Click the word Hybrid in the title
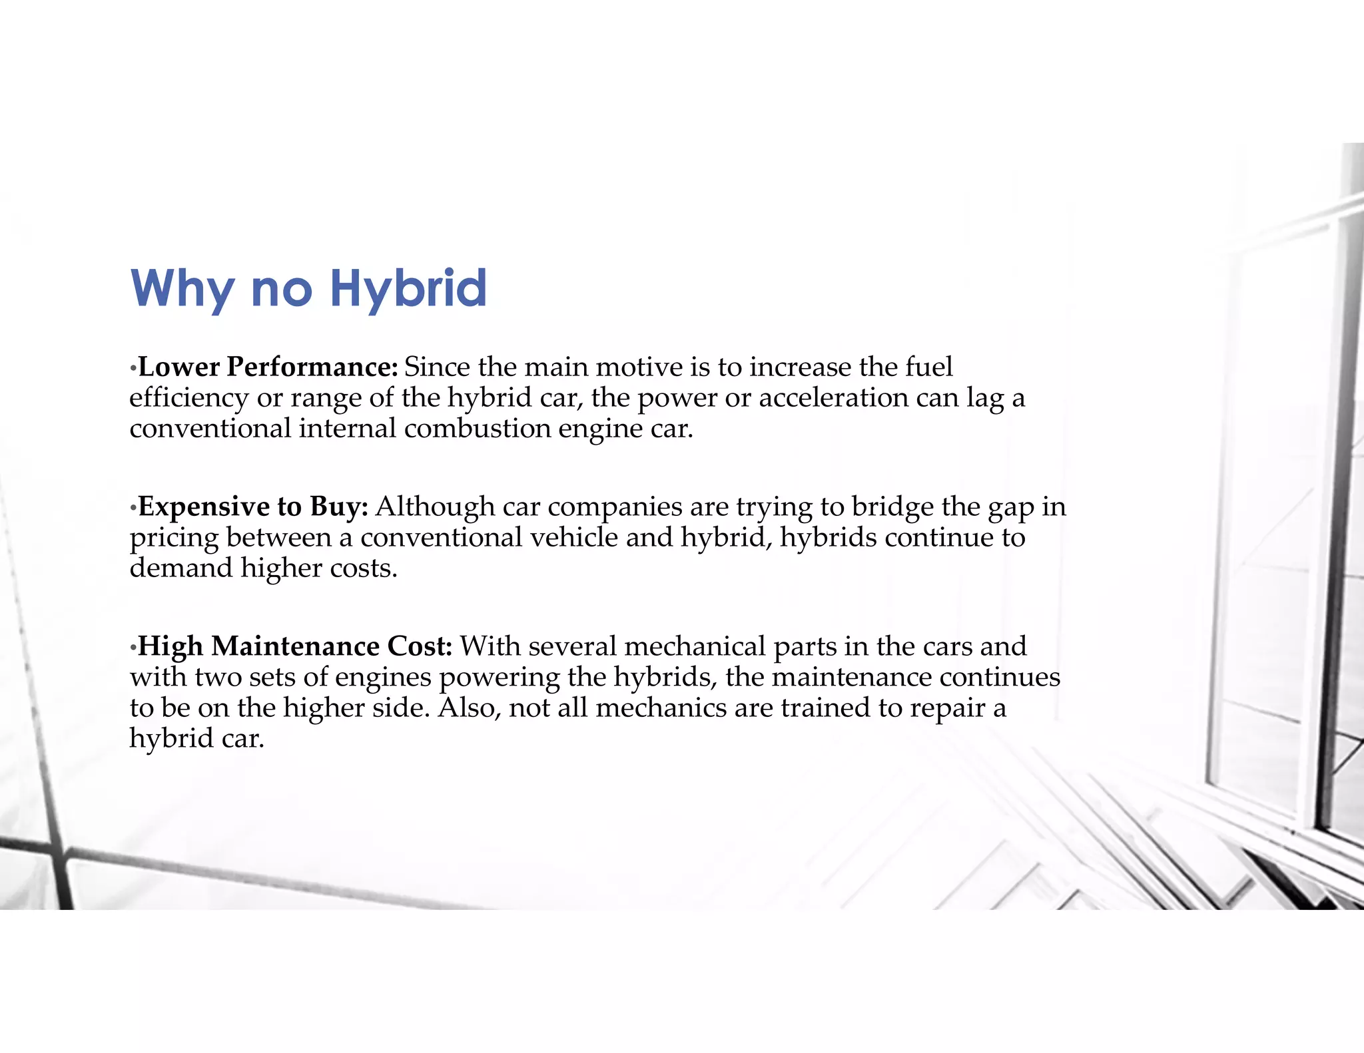click(408, 289)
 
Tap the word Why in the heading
click(182, 289)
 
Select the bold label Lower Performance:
click(268, 367)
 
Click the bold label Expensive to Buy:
click(253, 507)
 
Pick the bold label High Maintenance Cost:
click(295, 646)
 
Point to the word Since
click(437, 367)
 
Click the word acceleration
click(834, 397)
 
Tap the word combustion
click(478, 428)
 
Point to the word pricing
click(174, 537)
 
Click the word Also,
click(469, 708)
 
